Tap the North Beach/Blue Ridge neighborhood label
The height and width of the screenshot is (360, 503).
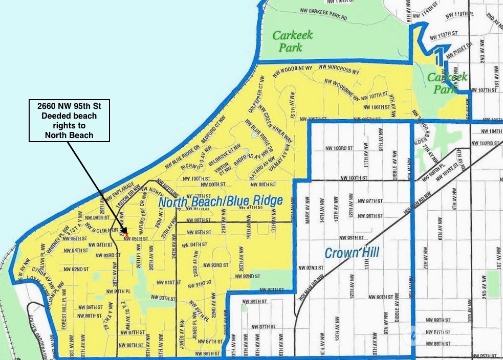(220, 201)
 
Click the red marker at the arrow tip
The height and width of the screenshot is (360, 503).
(121, 234)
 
